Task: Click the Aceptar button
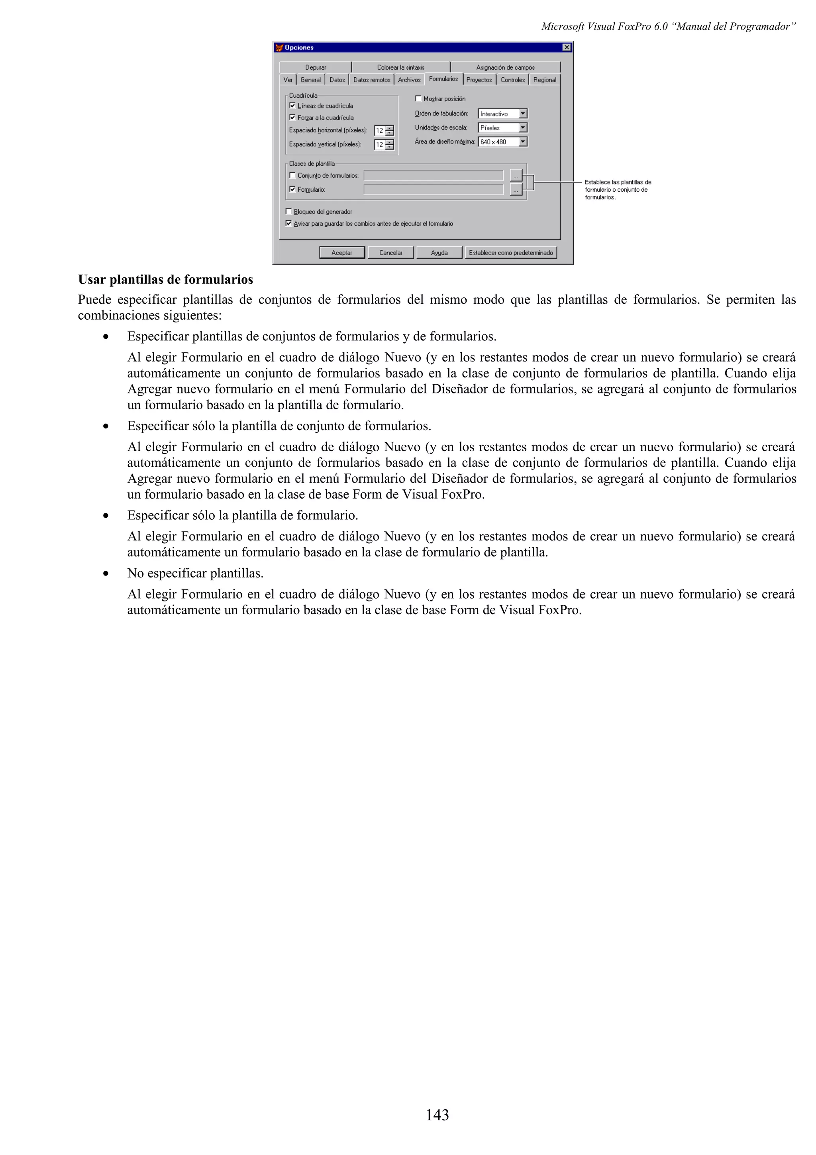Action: click(342, 253)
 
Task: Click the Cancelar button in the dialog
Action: click(390, 253)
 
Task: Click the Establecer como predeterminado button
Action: click(511, 253)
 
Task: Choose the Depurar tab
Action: click(315, 67)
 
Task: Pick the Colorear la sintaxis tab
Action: click(401, 67)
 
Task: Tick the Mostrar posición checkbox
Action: click(418, 98)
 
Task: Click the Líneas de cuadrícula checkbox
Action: click(292, 106)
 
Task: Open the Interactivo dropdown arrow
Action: click(523, 114)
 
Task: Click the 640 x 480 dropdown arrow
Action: click(523, 142)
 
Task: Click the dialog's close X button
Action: click(567, 47)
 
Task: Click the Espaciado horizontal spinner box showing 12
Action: click(380, 131)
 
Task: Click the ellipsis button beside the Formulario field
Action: click(516, 190)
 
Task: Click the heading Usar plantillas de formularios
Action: click(165, 280)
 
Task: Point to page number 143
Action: click(437, 1115)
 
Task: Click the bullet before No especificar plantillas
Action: click(106, 574)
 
